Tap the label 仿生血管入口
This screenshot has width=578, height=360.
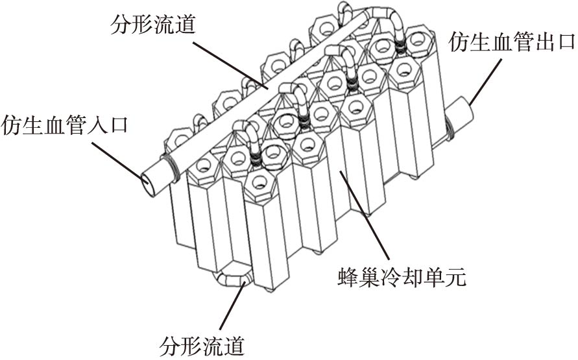coord(65,124)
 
